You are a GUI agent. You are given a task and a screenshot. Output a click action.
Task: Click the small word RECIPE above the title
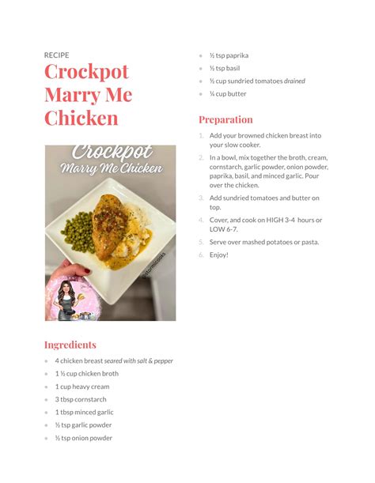pos(56,55)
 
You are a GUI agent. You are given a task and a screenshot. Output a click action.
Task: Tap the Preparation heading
pos(225,119)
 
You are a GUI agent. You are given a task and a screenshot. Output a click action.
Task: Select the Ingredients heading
pos(70,345)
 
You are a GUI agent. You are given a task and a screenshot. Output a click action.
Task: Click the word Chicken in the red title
pos(81,119)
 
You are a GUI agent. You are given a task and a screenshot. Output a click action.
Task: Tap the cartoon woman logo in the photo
pos(65,300)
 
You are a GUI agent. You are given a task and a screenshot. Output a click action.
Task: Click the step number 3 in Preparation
pos(201,198)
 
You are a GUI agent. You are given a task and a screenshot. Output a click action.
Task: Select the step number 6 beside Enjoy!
pos(201,255)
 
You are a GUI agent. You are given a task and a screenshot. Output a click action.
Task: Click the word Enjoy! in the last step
pos(218,255)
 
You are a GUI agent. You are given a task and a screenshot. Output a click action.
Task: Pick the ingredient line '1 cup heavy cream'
pos(82,387)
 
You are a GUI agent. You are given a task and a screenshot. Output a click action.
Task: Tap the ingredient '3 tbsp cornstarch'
pos(81,399)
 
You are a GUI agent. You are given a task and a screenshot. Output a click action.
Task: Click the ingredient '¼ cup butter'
pos(228,93)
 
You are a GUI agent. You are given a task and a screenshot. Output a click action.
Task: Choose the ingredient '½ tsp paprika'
pos(229,55)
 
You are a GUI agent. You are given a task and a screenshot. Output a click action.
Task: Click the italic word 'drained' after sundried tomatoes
pos(294,81)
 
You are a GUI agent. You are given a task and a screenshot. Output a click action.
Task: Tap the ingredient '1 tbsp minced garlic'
pos(84,412)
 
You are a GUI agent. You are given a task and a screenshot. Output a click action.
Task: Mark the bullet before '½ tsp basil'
pos(201,68)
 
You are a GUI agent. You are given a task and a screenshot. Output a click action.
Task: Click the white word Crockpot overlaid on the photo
pos(111,153)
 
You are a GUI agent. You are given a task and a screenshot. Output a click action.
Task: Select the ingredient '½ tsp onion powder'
pos(83,437)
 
